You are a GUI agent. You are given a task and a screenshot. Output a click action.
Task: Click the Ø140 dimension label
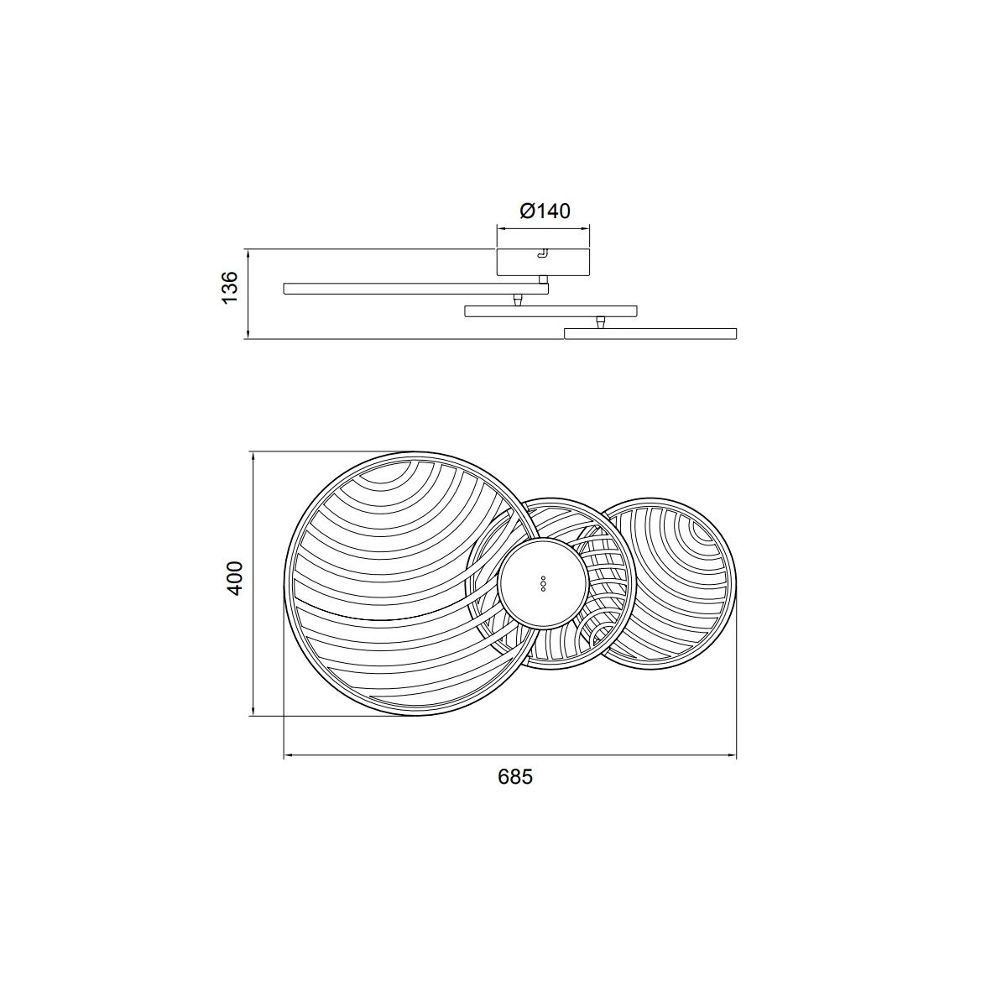(545, 211)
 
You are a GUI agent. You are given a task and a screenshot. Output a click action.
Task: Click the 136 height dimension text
(229, 287)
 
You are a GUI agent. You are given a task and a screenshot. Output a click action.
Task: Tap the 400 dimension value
(235, 578)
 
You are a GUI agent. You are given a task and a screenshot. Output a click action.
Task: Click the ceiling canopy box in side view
(543, 263)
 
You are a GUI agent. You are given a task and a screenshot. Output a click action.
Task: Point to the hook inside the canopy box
(543, 253)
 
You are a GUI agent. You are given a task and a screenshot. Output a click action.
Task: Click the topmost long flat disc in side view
(416, 289)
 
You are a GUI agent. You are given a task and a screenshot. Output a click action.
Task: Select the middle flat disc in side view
(550, 311)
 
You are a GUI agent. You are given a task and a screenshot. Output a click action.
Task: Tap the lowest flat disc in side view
(650, 333)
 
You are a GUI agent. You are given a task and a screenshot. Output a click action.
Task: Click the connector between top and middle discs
(518, 300)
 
